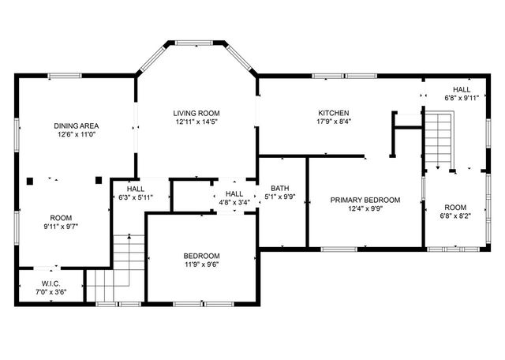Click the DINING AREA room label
click(76, 126)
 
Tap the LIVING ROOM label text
click(196, 113)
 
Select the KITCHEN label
click(333, 113)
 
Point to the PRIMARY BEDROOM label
click(365, 200)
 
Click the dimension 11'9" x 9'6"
click(202, 265)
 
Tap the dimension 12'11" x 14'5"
click(196, 122)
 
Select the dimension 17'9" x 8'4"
click(333, 122)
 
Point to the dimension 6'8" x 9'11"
click(462, 99)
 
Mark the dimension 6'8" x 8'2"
click(455, 216)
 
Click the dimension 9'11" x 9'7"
click(62, 227)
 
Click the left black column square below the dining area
click(30, 180)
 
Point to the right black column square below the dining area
click(99, 180)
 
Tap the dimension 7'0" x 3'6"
click(51, 292)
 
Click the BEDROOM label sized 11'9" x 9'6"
click(202, 256)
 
